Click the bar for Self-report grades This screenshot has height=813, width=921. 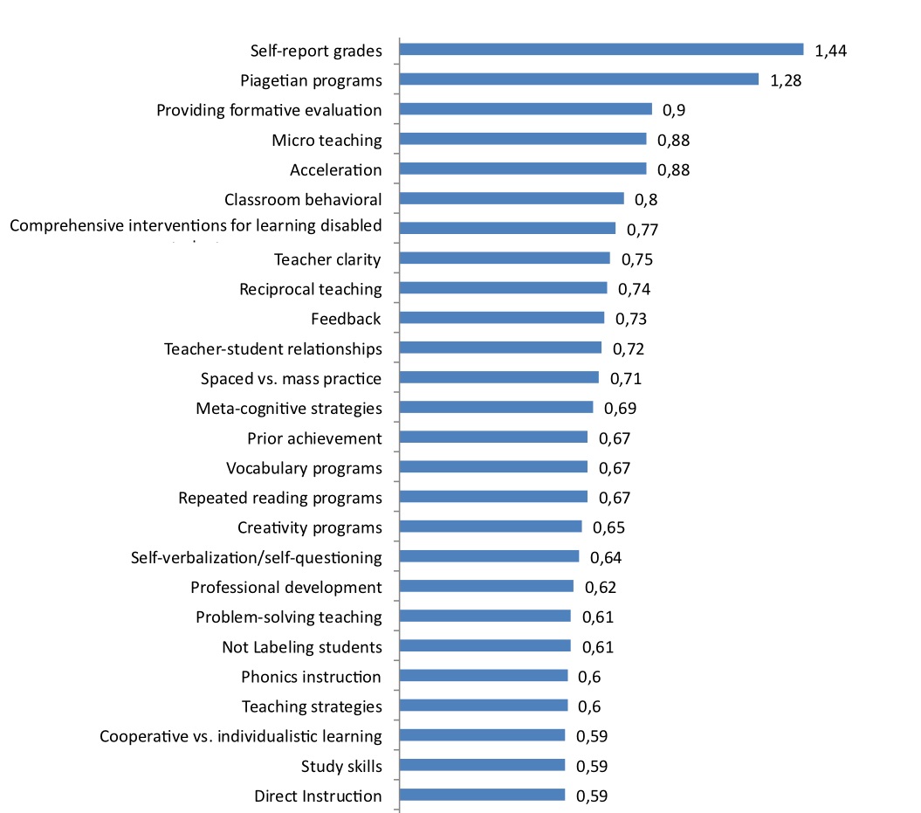click(x=601, y=50)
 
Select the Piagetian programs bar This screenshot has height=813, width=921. click(x=579, y=79)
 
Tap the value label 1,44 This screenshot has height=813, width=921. click(x=830, y=51)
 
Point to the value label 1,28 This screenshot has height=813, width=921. click(x=786, y=80)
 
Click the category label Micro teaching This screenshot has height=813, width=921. click(x=326, y=140)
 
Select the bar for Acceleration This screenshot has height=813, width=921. click(x=523, y=169)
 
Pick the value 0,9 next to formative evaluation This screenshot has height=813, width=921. click(x=674, y=110)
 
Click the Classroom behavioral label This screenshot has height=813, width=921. click(x=303, y=199)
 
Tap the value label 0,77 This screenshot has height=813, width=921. click(x=642, y=230)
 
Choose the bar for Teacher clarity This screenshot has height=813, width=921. click(x=505, y=258)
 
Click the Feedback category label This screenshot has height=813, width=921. click(x=346, y=319)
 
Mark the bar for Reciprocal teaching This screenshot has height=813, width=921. click(x=503, y=288)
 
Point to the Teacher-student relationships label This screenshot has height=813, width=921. click(x=272, y=349)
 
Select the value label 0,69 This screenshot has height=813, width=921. click(x=620, y=408)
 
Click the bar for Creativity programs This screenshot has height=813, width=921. click(x=491, y=527)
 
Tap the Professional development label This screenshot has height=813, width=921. click(x=285, y=587)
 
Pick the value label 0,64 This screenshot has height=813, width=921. click(x=606, y=557)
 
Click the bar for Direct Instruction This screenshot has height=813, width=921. click(x=482, y=795)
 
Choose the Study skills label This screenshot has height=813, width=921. click(x=341, y=766)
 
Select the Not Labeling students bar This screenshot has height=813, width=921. click(x=485, y=645)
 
